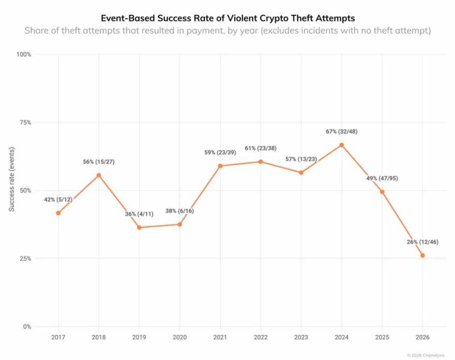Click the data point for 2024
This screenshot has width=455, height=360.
click(x=342, y=145)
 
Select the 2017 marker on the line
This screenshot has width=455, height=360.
click(x=58, y=213)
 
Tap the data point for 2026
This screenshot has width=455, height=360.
click(x=422, y=256)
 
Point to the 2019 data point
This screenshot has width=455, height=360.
click(x=139, y=228)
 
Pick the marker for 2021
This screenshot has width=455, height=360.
click(x=220, y=166)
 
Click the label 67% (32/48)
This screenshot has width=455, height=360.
click(x=342, y=132)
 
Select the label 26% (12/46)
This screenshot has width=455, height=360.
click(x=422, y=242)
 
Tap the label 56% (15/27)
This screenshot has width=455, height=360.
click(x=99, y=162)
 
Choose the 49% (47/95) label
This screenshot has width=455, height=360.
click(x=382, y=178)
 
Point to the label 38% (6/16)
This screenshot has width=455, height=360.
click(x=179, y=211)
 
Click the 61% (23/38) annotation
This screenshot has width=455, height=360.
click(x=261, y=148)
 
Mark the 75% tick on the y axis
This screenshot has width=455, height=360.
click(x=25, y=122)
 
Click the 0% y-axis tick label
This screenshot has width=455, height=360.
click(x=27, y=326)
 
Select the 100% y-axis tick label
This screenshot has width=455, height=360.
click(x=23, y=55)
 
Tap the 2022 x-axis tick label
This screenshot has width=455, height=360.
click(x=261, y=337)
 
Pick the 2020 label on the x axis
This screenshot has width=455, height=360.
click(x=179, y=337)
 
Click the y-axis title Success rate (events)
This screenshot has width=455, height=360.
click(x=11, y=179)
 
